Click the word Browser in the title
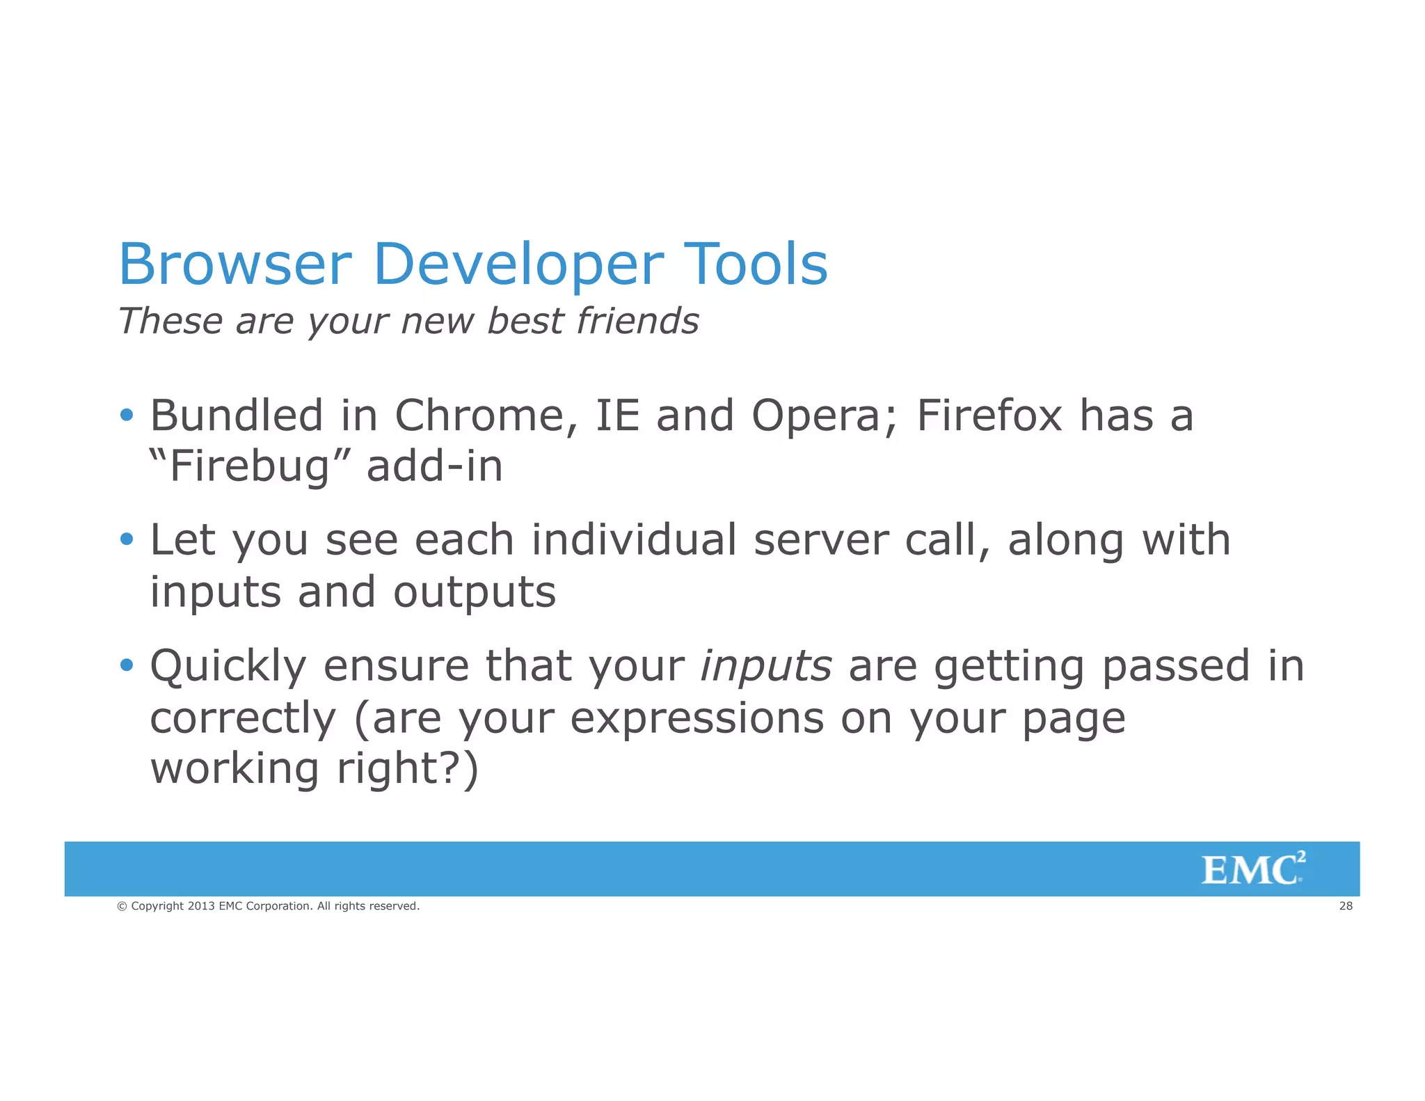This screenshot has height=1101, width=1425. point(235,264)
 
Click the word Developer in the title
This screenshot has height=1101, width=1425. point(518,264)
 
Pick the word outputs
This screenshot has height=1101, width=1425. point(475,593)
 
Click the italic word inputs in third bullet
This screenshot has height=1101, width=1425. point(765,666)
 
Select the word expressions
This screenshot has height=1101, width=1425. point(696,718)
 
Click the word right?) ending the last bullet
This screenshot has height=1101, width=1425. point(408,770)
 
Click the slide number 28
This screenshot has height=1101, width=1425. point(1346,906)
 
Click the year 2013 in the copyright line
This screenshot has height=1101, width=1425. point(201,906)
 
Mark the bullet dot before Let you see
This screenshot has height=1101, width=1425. point(126,539)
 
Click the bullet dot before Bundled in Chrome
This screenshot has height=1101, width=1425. point(126,415)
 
